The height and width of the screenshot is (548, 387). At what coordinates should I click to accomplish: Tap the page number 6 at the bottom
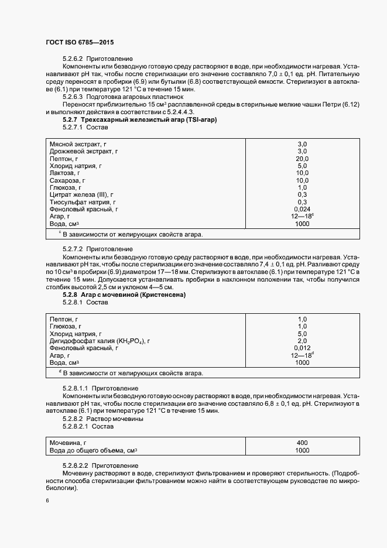coord(47,501)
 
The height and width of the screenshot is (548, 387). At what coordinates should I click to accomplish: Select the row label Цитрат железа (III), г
coord(81,194)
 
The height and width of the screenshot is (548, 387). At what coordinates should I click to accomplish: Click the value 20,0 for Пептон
coord(302,159)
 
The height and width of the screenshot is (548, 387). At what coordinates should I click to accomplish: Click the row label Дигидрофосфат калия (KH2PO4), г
coord(100,340)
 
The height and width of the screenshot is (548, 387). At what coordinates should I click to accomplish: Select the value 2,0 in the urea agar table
coord(302,340)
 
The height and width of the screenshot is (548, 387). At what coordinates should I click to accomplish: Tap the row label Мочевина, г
coord(69,443)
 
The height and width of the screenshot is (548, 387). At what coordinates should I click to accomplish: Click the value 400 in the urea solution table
coord(302,443)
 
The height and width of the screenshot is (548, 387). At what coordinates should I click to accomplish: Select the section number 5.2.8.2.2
coord(75,464)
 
